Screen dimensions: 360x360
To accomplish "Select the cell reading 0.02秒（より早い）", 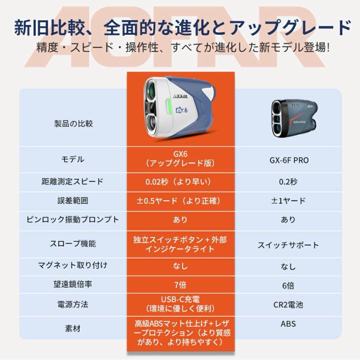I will click(180, 182).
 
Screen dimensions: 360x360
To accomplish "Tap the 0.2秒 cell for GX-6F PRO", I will click(289, 182).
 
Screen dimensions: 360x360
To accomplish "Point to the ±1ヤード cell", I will click(289, 201).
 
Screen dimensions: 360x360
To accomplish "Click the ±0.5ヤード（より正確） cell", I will click(180, 201).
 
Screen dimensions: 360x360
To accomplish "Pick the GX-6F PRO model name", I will click(289, 160).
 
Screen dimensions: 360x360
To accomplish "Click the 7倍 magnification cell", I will click(180, 285).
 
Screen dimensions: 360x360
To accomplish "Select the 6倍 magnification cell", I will click(289, 286).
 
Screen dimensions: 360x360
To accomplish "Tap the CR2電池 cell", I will click(289, 305).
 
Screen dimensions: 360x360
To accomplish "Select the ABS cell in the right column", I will click(289, 324).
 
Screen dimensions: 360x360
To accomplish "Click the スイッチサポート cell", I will click(289, 245).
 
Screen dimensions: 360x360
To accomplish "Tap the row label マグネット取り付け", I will click(73, 265).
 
